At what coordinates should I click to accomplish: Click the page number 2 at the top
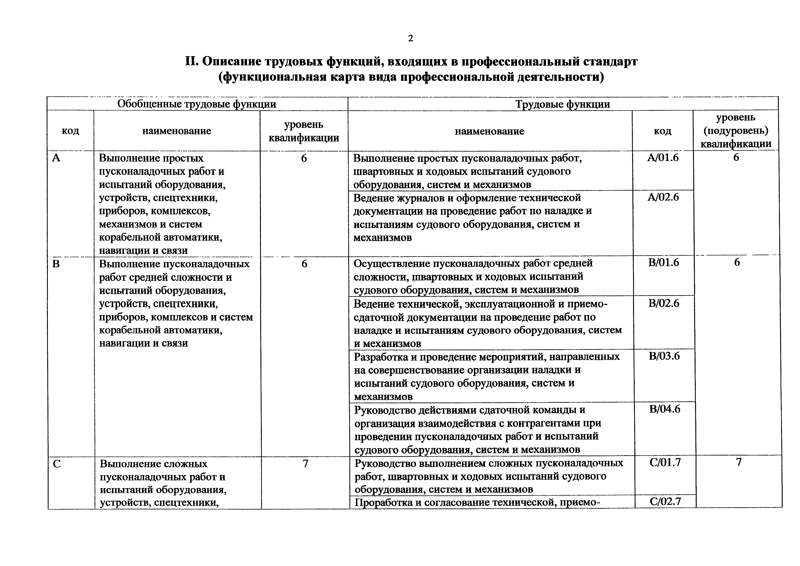(x=410, y=38)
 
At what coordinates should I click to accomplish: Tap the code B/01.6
(x=663, y=262)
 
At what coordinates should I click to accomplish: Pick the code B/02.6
(x=664, y=303)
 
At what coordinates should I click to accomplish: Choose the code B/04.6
(x=665, y=409)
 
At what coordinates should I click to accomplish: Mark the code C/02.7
(x=665, y=501)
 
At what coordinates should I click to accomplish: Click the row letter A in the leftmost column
(x=56, y=158)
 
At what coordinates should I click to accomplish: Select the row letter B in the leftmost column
(x=56, y=264)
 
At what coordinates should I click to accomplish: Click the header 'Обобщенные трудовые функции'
(x=197, y=104)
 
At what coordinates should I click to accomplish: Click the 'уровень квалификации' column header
(x=304, y=131)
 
